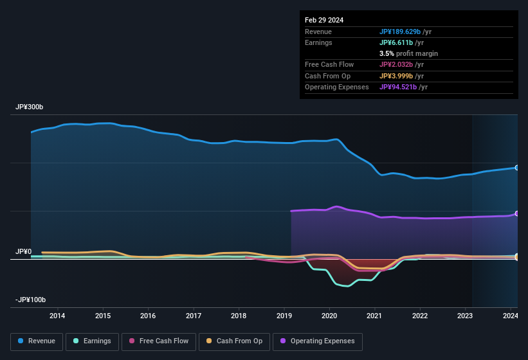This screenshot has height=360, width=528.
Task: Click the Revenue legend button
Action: (x=37, y=341)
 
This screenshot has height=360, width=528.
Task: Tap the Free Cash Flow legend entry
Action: (x=159, y=341)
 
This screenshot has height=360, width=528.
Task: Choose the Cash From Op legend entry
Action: (x=235, y=341)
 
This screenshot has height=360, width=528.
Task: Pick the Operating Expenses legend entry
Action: (x=318, y=341)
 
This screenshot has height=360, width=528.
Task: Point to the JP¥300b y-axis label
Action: (x=30, y=107)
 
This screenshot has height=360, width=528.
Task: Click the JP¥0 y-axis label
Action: (x=24, y=251)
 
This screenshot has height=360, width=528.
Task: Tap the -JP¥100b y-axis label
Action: (x=32, y=300)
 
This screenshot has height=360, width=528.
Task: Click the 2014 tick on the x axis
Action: (x=57, y=316)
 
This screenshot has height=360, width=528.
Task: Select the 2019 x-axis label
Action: (x=284, y=316)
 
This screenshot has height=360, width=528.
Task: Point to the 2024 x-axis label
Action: (x=511, y=316)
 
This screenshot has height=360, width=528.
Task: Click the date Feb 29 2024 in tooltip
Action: (x=324, y=20)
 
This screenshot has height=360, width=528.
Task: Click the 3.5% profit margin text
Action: (x=408, y=53)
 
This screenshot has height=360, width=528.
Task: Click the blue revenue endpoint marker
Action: (x=516, y=168)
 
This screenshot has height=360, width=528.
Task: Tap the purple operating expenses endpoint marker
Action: (x=516, y=213)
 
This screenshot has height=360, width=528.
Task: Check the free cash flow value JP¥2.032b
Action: (x=398, y=64)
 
